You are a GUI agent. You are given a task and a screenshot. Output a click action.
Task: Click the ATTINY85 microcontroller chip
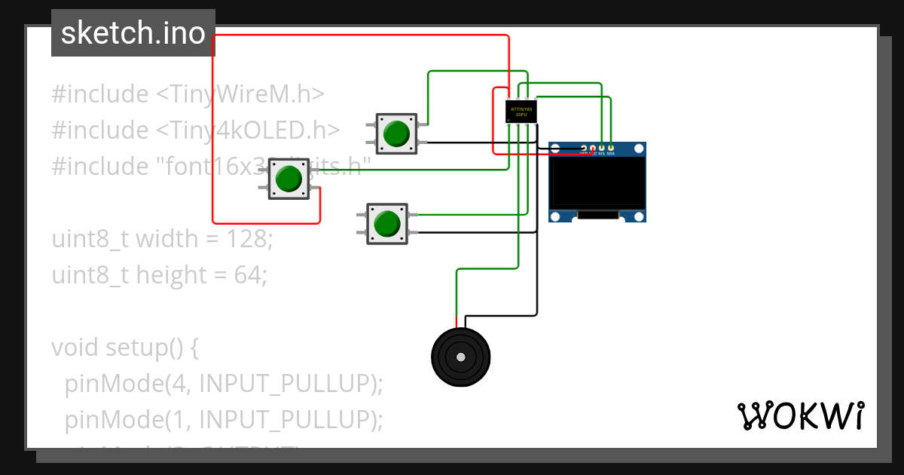pyautogui.click(x=521, y=112)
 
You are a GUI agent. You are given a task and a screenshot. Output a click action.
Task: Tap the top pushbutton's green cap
pyautogui.click(x=395, y=134)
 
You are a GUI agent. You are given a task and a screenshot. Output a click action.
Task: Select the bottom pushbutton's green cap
pyautogui.click(x=386, y=224)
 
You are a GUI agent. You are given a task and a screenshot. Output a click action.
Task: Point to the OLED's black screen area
pyautogui.click(x=597, y=182)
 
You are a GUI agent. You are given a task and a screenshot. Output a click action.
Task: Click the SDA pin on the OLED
pyautogui.click(x=611, y=149)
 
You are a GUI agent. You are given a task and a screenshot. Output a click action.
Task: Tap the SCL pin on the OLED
pyautogui.click(x=602, y=149)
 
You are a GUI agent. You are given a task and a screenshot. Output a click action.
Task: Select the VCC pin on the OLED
pyautogui.click(x=593, y=149)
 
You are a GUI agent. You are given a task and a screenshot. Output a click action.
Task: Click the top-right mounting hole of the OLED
pyautogui.click(x=639, y=149)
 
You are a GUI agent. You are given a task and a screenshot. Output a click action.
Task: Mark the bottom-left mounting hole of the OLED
pyautogui.click(x=556, y=216)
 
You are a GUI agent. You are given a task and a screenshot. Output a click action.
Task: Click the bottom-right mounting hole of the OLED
pyautogui.click(x=639, y=216)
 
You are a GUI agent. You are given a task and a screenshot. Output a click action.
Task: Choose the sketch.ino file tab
pyautogui.click(x=133, y=33)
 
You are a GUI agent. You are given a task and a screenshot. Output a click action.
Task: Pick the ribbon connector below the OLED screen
pyautogui.click(x=597, y=216)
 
